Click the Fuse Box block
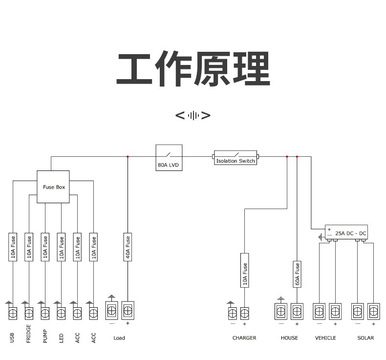(54, 187)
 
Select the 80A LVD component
(169, 157)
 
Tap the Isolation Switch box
(236, 157)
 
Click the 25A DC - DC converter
(346, 233)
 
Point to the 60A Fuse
(297, 274)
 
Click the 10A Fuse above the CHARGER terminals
(245, 274)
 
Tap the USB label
(13, 337)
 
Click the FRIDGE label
(29, 334)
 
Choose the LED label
(61, 337)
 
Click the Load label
(119, 338)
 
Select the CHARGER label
(244, 338)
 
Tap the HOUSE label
(289, 338)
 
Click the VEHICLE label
(325, 338)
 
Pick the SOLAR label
(365, 338)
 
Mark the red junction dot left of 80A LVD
(128, 157)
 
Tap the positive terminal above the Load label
(128, 310)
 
